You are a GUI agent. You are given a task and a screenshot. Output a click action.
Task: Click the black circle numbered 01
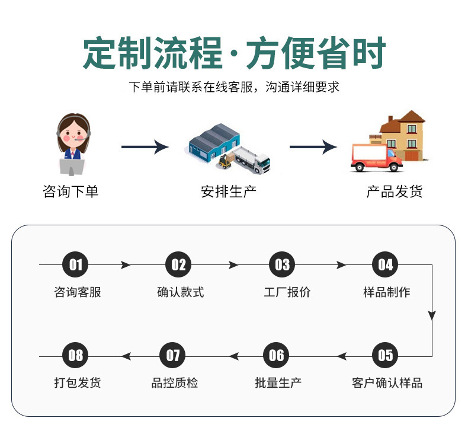[75, 264]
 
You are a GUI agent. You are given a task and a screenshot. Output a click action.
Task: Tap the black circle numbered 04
[385, 264]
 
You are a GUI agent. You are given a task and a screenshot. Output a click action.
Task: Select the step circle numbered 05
[385, 355]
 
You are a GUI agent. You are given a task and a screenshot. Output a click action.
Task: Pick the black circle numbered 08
[75, 355]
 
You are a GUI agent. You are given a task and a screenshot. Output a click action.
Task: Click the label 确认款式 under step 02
[181, 292]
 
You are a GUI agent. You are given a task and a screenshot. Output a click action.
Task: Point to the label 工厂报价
[287, 292]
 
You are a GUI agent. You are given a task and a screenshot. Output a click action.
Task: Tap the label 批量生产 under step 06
[278, 382]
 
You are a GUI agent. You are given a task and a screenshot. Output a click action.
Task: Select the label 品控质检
[175, 382]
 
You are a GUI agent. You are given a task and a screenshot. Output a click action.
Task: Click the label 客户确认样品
[387, 382]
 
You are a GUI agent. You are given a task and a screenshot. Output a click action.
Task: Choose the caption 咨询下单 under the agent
[70, 191]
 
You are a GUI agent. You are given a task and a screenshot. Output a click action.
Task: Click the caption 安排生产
[229, 191]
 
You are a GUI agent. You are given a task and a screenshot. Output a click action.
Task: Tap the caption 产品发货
[395, 191]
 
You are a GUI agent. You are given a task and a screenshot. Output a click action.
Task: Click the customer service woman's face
[73, 135]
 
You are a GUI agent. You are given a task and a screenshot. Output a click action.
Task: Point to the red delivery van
[377, 158]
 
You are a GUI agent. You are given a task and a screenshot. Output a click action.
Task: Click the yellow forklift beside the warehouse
[226, 161]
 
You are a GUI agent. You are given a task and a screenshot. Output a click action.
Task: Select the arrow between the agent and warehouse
[145, 146]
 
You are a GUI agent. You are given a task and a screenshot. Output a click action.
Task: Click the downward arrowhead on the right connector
[432, 315]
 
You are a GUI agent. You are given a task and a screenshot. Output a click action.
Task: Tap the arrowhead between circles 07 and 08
[126, 356]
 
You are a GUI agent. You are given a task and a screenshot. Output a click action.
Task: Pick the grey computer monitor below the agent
[72, 167]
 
